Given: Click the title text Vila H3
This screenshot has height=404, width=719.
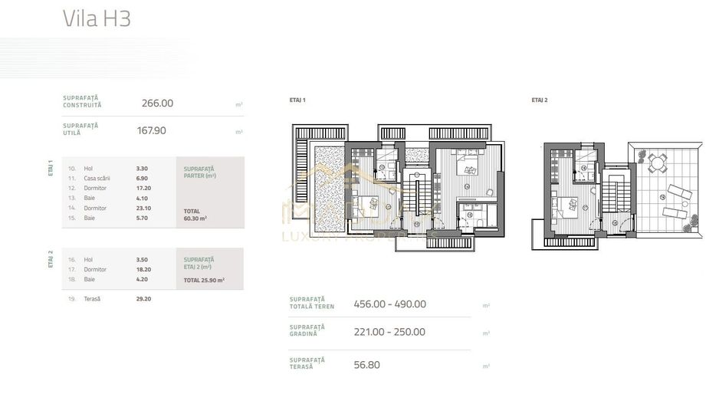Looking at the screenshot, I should click(97, 19).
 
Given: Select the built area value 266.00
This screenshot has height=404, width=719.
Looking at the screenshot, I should click(157, 103).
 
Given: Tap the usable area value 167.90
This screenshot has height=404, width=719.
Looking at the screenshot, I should click(151, 130).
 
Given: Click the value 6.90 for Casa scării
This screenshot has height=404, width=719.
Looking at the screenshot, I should click(141, 178).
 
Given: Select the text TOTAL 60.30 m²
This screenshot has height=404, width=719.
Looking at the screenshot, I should click(195, 214).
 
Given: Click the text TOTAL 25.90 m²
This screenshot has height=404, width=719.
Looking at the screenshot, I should click(203, 281).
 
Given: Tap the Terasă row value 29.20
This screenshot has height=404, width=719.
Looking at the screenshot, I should click(143, 298).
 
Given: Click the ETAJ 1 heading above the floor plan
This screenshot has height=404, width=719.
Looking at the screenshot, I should click(297, 100).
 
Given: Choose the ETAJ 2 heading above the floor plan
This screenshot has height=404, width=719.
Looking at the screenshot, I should click(540, 100).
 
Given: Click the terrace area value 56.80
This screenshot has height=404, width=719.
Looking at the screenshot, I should click(366, 364).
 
